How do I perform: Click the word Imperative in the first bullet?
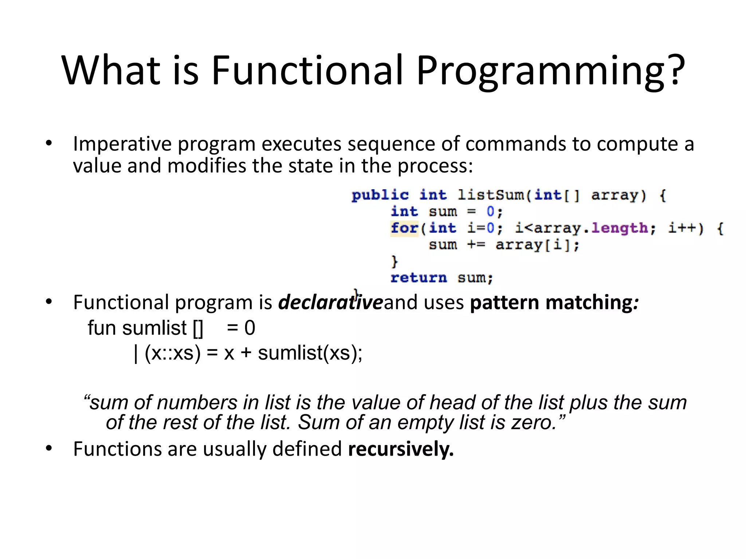pos(122,144)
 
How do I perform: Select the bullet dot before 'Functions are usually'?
pos(49,448)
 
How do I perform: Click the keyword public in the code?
pos(380,195)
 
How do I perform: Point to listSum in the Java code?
pos(491,195)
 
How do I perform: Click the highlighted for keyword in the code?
pos(404,228)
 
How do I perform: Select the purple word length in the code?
pos(619,228)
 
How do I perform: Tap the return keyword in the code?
pos(418,278)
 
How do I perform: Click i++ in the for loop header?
pos(681,228)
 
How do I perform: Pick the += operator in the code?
pos(476,245)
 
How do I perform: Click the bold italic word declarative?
pos(330,302)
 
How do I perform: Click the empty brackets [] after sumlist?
pos(197,328)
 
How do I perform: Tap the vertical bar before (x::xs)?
pos(136,353)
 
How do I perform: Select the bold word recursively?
pos(401,449)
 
